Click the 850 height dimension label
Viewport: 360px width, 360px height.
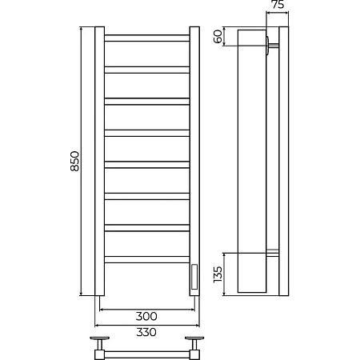[75, 161]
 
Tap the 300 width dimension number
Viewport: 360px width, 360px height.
[146, 316]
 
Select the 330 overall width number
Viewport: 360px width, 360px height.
[146, 332]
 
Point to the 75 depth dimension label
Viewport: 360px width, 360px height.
[278, 5]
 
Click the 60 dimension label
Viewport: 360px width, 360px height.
[218, 37]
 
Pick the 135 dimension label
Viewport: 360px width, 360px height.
[218, 274]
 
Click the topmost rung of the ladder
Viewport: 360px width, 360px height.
[147, 38]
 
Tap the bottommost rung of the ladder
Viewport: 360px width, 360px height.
[147, 260]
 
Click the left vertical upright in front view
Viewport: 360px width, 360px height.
[100, 161]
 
